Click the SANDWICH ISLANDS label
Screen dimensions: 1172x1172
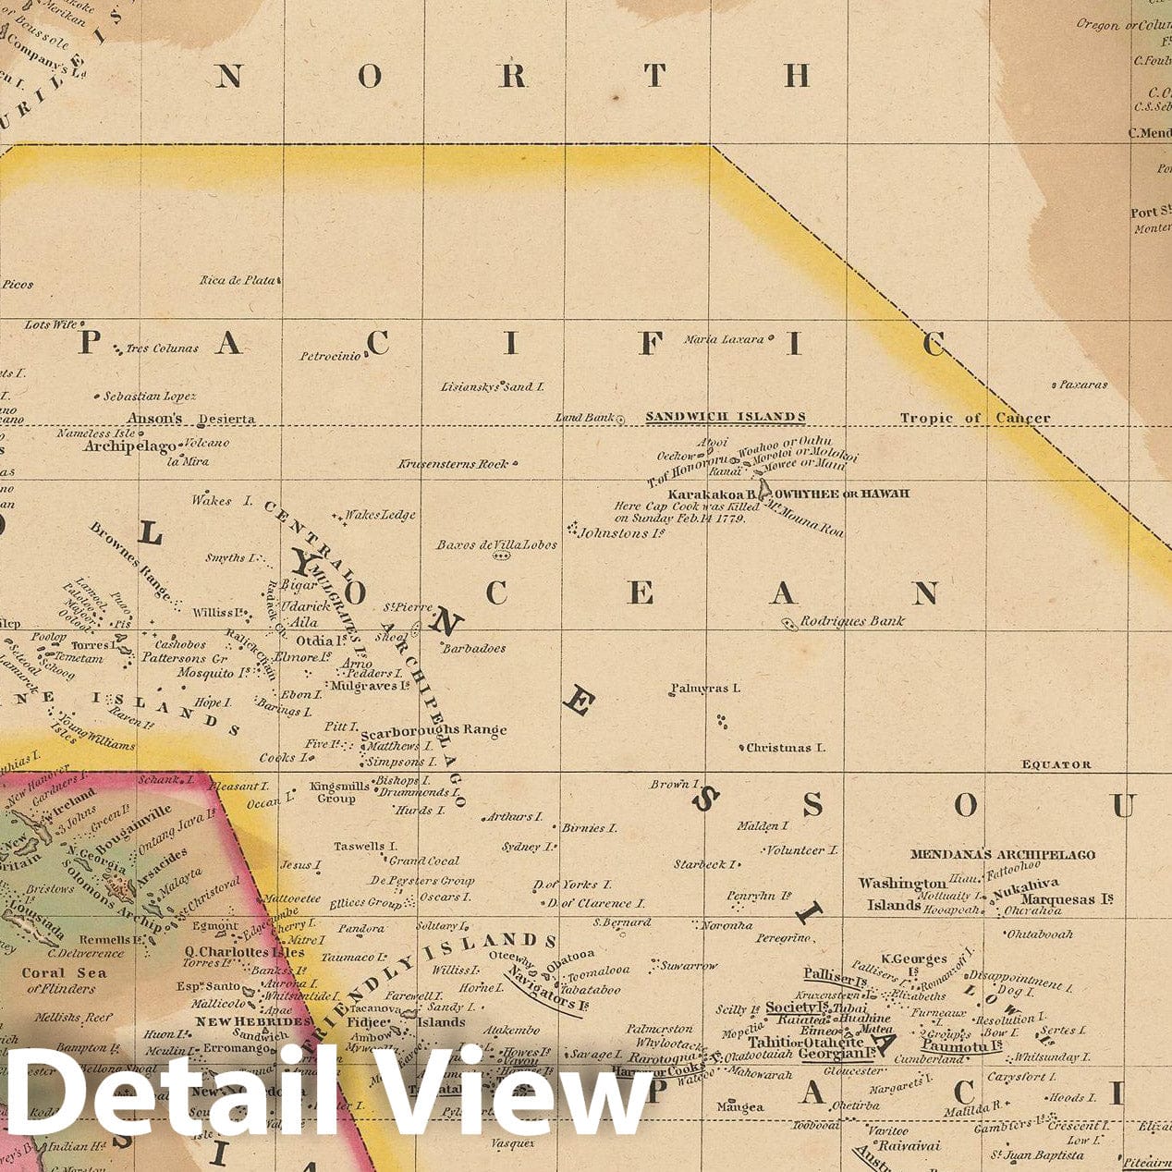(x=725, y=417)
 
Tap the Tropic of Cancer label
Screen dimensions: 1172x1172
(x=975, y=418)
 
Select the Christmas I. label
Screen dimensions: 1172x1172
(x=785, y=748)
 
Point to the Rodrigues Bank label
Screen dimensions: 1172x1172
(x=851, y=621)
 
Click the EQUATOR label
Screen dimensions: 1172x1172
(x=1056, y=764)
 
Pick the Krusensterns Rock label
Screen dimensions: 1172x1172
(x=453, y=464)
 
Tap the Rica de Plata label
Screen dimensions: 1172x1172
(x=237, y=279)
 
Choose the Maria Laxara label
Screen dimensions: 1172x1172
(x=724, y=339)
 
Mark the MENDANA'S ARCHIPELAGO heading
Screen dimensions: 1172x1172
(x=1002, y=855)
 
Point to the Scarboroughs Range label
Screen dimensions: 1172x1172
(x=433, y=730)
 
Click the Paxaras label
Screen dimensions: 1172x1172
(x=1082, y=385)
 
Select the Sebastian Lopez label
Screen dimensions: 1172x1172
(x=149, y=397)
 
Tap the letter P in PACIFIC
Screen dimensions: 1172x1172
(x=88, y=343)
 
